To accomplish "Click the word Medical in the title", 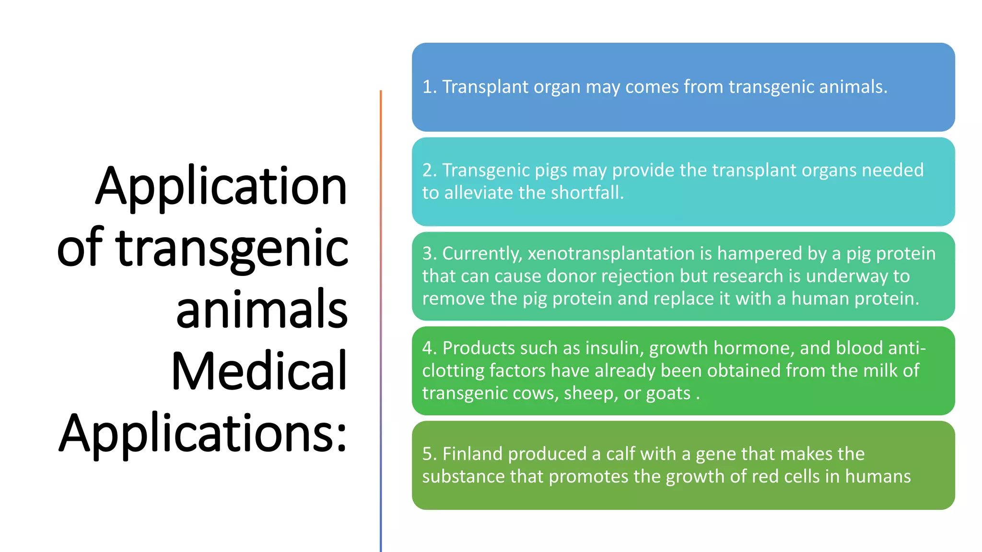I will [259, 371].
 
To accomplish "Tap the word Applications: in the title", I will [203, 433].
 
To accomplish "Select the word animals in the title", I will [262, 310].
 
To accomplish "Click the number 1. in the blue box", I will [429, 87].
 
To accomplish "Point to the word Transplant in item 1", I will [485, 87].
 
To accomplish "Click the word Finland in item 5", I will [472, 454].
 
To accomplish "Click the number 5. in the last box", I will [429, 454].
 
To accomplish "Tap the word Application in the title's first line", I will [221, 187].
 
